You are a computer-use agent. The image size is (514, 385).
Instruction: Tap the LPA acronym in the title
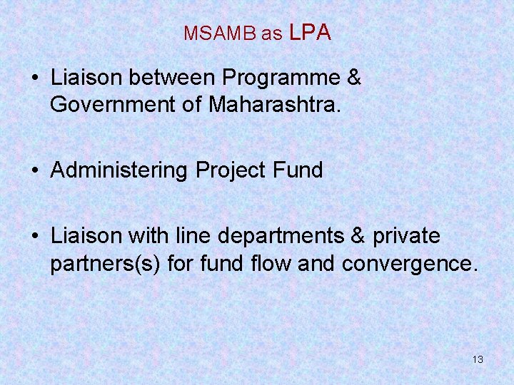pos(311,32)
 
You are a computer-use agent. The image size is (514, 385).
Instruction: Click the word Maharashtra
pos(273,105)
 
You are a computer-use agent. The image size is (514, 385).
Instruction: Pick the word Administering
pos(119,170)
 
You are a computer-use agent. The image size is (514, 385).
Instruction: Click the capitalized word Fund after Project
pos(298,170)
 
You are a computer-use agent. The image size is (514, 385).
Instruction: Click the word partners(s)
pos(106,263)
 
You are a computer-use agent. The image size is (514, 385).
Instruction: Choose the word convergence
pos(409,263)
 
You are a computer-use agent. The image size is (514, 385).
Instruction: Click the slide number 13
pos(478,359)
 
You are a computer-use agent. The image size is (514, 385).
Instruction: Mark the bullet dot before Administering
pos(36,171)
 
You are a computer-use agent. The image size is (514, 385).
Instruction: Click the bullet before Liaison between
pos(36,79)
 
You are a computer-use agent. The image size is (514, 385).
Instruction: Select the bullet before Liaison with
pos(36,237)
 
